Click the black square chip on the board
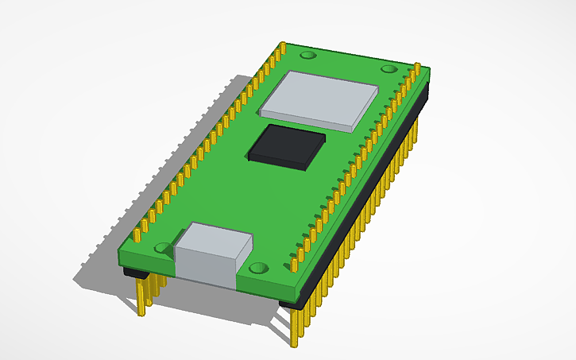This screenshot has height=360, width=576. [288, 145]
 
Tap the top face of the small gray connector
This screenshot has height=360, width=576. [215, 239]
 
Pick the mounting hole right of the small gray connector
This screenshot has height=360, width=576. [258, 269]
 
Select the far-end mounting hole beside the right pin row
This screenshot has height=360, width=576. [389, 69]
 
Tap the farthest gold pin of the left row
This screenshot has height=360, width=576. [282, 49]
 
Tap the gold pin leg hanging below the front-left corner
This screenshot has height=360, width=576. [144, 297]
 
